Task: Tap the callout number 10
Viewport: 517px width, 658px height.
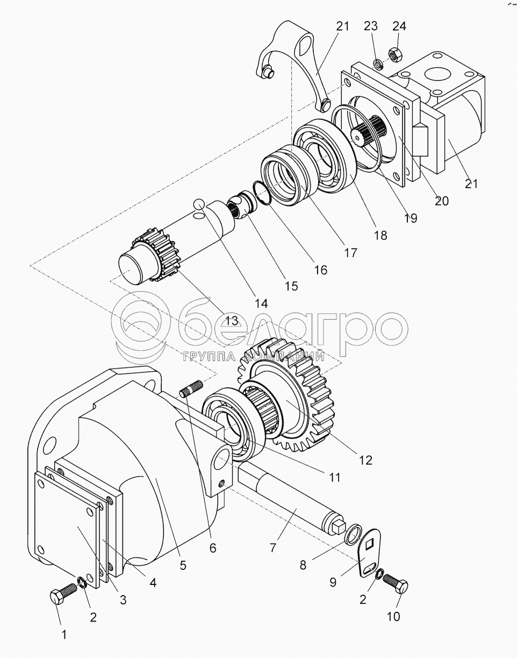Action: coord(393,617)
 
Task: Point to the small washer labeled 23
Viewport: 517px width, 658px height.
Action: coord(377,64)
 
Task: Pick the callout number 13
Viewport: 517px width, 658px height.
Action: coord(231,321)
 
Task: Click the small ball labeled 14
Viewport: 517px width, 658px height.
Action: coord(198,204)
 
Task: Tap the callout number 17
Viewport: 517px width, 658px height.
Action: coord(350,252)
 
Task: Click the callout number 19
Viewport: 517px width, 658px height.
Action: coord(411,218)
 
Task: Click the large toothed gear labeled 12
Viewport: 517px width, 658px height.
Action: coord(301,397)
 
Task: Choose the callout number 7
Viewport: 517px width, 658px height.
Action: coord(272,548)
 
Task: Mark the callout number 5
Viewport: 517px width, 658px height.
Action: coord(183,565)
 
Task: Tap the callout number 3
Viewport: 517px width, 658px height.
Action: coord(123,600)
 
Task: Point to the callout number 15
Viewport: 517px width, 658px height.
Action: coord(291,286)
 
